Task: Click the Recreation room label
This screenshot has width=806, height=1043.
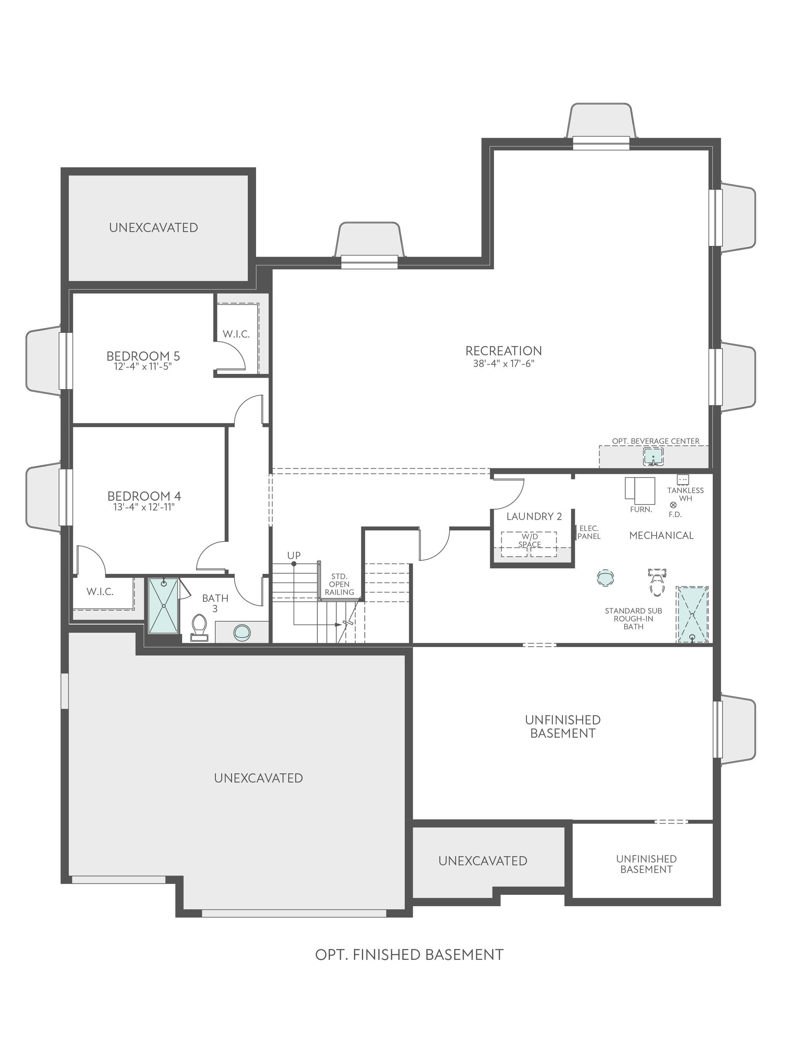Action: click(504, 350)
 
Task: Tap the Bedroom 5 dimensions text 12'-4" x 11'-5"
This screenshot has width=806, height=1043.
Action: click(143, 367)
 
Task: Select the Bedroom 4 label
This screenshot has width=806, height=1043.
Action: click(144, 496)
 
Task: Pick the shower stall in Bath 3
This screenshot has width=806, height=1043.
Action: click(163, 606)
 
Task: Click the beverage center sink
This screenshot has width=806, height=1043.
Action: click(653, 457)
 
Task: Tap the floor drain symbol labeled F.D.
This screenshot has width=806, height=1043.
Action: click(673, 505)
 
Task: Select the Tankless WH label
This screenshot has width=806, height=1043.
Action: click(685, 494)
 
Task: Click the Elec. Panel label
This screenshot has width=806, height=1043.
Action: click(589, 533)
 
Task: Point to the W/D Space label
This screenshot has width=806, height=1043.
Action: click(529, 541)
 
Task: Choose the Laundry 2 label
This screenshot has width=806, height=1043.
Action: click(534, 516)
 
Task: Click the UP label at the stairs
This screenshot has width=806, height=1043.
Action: click(294, 555)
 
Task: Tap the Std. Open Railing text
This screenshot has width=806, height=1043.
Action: click(339, 585)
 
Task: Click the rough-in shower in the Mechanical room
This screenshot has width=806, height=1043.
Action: click(692, 614)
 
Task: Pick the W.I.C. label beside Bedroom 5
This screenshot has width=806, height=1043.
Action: click(236, 334)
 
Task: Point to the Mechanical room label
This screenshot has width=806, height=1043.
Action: click(661, 535)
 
